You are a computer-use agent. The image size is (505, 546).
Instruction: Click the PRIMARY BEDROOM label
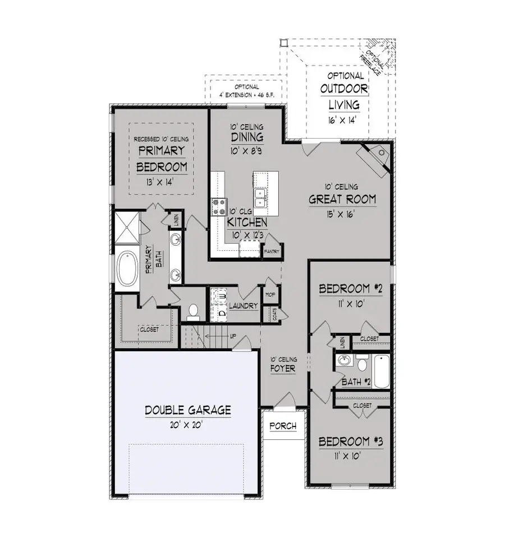pyautogui.click(x=162, y=159)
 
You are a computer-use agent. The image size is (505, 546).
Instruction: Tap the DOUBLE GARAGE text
pyautogui.click(x=188, y=410)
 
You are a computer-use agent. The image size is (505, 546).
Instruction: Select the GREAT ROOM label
pyautogui.click(x=342, y=200)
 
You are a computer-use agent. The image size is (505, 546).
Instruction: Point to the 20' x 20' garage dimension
pyautogui.click(x=188, y=425)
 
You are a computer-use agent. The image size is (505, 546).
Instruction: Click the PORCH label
pyautogui.click(x=283, y=426)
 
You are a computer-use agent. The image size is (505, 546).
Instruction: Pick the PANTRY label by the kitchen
pyautogui.click(x=272, y=252)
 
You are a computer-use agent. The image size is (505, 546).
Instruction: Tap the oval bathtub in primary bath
pyautogui.click(x=128, y=268)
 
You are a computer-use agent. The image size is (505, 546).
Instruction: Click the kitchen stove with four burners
pyautogui.click(x=218, y=206)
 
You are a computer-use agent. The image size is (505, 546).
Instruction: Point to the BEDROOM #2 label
pyautogui.click(x=351, y=290)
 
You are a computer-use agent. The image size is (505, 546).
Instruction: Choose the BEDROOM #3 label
pyautogui.click(x=351, y=441)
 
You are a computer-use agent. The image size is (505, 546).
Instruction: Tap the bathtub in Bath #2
pyautogui.click(x=381, y=371)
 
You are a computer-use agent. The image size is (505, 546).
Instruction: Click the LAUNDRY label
pyautogui.click(x=244, y=306)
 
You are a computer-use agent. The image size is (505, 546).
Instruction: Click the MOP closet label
pyautogui.click(x=268, y=293)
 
